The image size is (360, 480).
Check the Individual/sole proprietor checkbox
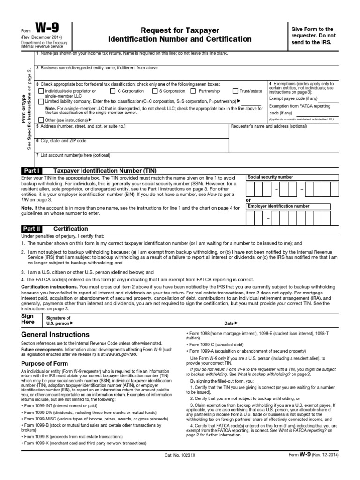[41, 91]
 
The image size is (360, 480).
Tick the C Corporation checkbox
[113, 91]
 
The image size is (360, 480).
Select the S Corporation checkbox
[154, 91]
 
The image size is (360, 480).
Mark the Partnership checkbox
[194, 91]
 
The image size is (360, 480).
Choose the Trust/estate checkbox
[235, 91]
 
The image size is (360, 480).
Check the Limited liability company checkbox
[41, 101]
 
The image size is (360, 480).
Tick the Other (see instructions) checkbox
[41, 120]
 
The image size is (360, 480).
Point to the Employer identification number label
[278, 206]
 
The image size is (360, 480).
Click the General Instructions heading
[55, 335]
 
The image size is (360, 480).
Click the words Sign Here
[28, 319]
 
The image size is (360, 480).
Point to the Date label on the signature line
[231, 323]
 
